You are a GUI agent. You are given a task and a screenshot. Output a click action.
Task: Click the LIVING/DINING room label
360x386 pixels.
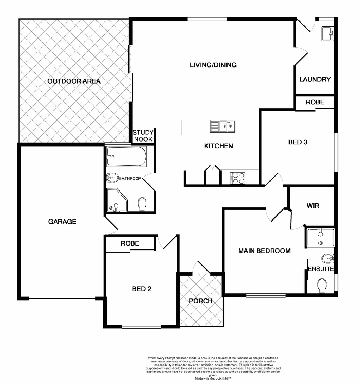pos(213,65)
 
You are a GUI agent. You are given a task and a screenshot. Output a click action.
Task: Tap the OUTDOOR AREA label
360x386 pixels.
pos(74,81)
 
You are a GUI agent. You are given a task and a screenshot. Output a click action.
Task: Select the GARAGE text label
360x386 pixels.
pos(62,222)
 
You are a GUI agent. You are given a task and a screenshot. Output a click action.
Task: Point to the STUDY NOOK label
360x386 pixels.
pos(143,136)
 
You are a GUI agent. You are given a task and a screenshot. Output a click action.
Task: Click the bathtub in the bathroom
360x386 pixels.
pos(126,157)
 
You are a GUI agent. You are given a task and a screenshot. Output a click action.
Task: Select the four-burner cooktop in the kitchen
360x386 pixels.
pos(238,178)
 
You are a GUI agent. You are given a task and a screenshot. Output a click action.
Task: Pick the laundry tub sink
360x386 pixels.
pos(327,34)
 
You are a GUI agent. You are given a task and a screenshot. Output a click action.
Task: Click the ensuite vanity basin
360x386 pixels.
pos(320,237)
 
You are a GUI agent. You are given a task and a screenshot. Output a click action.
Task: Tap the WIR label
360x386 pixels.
pos(313,206)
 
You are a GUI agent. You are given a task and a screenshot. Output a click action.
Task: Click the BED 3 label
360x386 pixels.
pos(298,142)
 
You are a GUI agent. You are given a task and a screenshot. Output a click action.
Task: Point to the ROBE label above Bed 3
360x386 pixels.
pos(315,102)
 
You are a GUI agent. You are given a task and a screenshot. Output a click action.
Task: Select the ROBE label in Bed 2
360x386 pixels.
pos(130,243)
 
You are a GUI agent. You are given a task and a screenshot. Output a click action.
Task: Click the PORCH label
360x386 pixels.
pos(201,301)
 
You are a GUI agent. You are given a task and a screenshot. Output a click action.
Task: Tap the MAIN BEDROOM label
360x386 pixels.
pos(264,251)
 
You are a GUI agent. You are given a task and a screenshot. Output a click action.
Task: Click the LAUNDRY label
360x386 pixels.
pos(315,79)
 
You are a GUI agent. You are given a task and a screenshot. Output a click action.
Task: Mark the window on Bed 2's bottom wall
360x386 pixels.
pos(141,326)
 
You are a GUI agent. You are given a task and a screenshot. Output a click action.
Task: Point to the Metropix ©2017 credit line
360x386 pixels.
pos(214,378)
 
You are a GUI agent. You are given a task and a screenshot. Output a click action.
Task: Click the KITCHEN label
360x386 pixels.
pos(219,146)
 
